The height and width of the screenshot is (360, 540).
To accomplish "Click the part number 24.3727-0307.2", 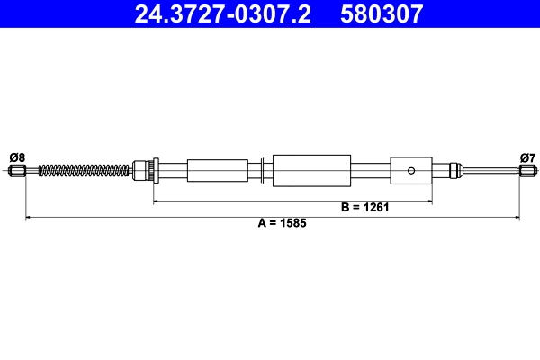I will click(x=222, y=13).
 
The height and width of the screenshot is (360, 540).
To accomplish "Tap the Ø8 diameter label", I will click(x=16, y=157).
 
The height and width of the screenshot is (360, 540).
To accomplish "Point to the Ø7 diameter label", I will click(x=527, y=157).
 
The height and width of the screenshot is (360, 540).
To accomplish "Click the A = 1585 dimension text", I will click(x=274, y=223).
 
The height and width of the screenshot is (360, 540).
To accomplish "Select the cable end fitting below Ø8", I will click(x=16, y=170).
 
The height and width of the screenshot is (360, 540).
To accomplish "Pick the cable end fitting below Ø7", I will click(x=528, y=170).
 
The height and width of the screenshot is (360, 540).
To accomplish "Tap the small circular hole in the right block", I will click(x=411, y=169).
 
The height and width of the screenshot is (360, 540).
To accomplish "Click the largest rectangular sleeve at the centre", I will click(x=310, y=169).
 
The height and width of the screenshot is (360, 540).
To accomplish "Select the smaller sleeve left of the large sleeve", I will click(x=217, y=169).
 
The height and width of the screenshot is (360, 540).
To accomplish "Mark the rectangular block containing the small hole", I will click(x=411, y=169).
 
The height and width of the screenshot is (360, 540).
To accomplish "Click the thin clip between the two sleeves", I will click(x=260, y=169).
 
